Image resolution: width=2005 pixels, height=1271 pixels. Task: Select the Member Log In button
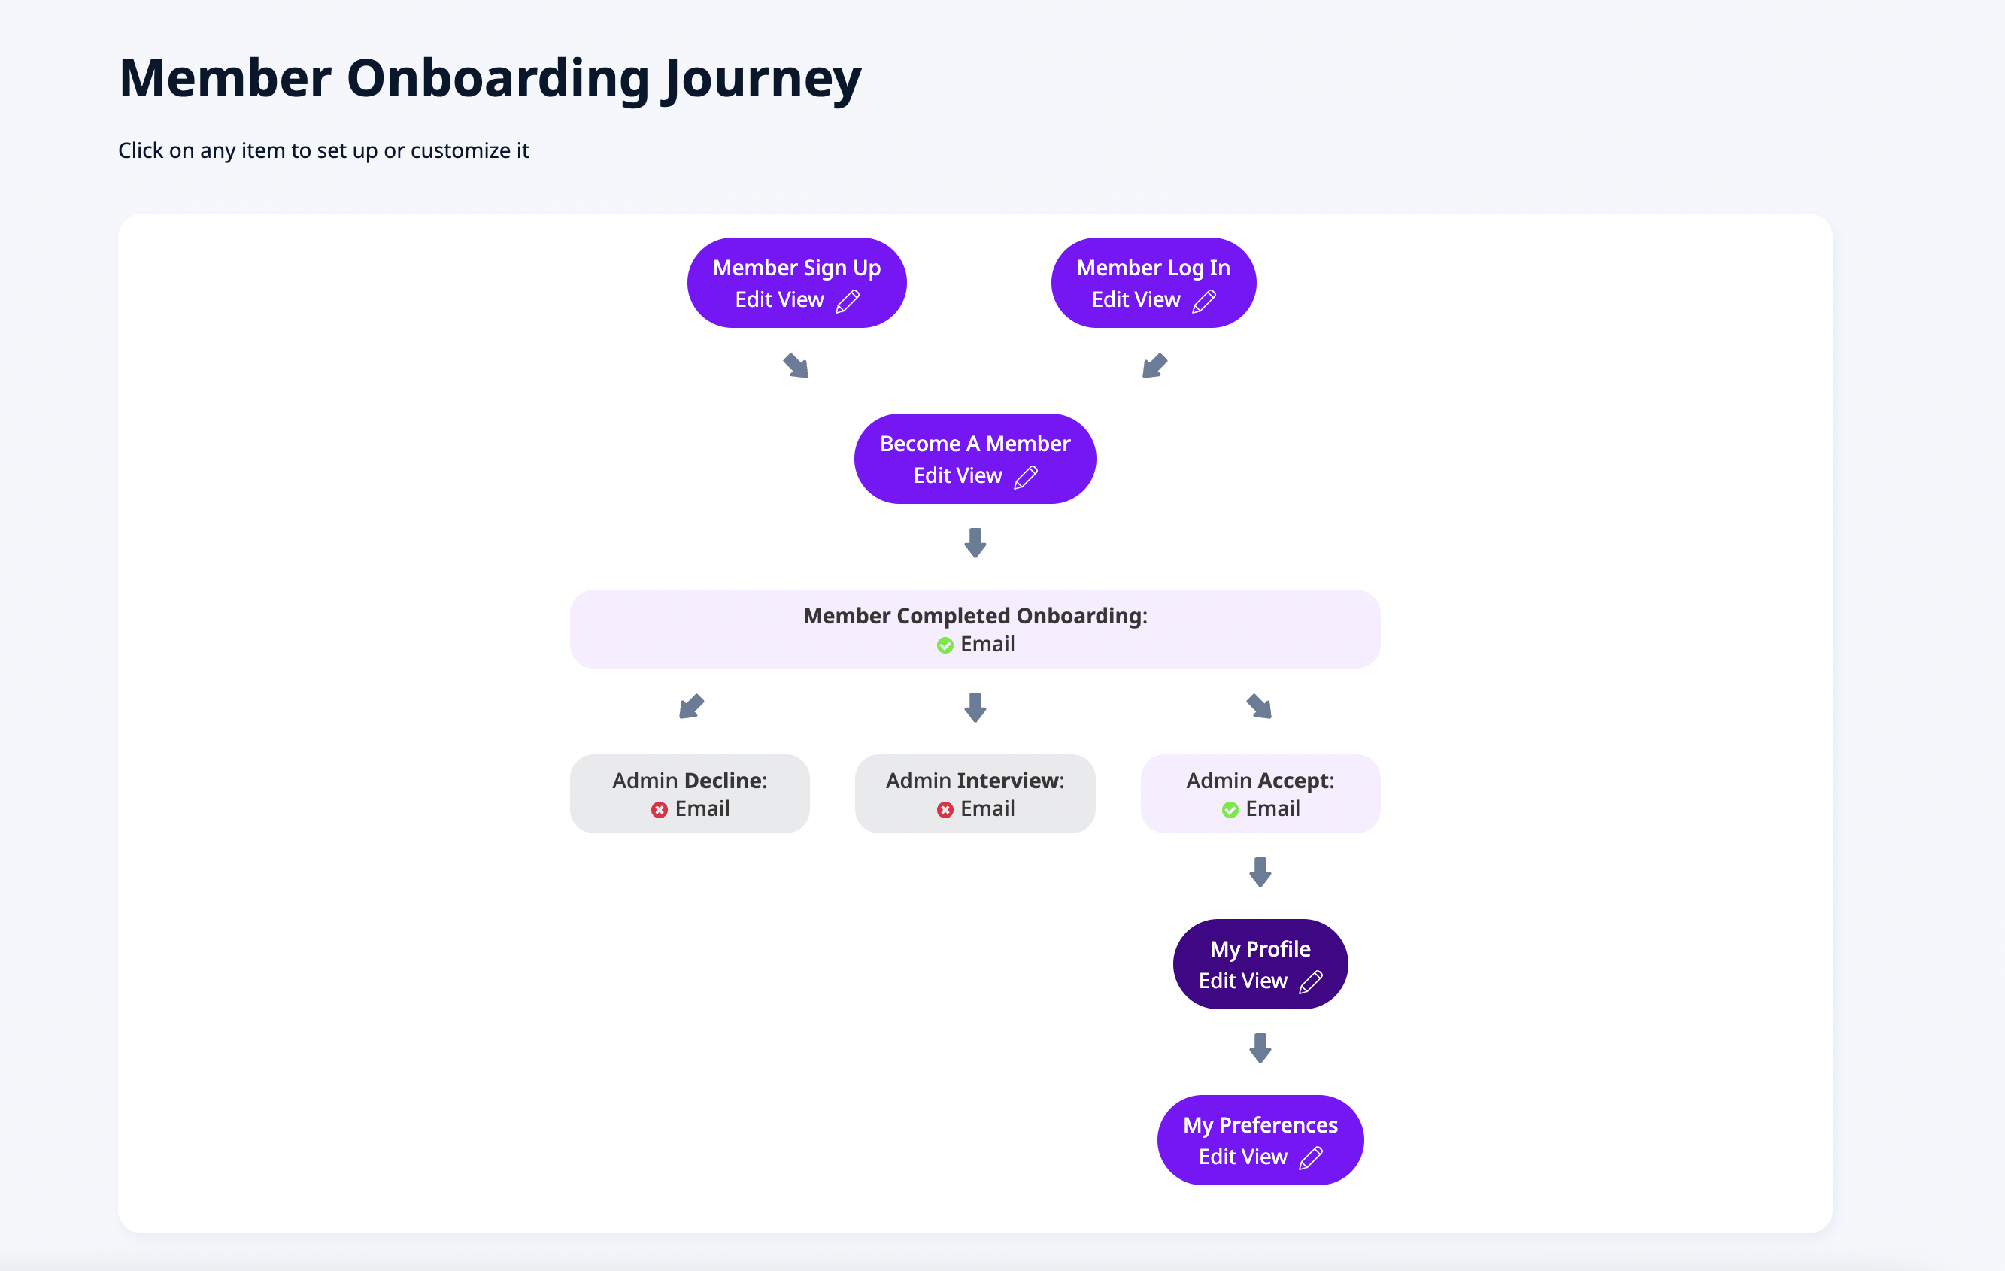[x=1152, y=284]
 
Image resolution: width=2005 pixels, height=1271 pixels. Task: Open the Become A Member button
[x=974, y=459]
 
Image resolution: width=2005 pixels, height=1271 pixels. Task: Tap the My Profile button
[x=1260, y=964]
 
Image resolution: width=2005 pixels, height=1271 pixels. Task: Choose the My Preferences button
[x=1260, y=1140]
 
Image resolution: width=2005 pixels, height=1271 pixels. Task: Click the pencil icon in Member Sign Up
[x=848, y=301]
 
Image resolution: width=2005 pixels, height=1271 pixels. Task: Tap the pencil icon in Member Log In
[x=1204, y=301]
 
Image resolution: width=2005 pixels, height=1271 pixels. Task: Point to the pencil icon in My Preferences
[x=1311, y=1157]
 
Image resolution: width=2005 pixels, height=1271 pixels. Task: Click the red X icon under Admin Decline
[x=660, y=809]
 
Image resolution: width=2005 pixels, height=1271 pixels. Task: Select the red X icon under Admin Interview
[x=945, y=809]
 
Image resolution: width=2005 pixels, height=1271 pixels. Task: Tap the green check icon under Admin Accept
[x=1230, y=809]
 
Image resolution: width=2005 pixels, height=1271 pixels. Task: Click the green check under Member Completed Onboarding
[x=945, y=645]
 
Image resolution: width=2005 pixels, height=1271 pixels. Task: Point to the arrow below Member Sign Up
[x=796, y=366]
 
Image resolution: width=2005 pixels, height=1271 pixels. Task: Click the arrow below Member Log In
[x=1155, y=366]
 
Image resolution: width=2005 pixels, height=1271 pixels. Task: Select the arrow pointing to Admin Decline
[x=691, y=706]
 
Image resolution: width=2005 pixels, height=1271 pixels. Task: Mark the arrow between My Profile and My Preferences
[x=1260, y=1048]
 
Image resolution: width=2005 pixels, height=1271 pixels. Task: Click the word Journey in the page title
[x=762, y=79]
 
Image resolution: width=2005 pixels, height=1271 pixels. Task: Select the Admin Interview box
[x=974, y=793]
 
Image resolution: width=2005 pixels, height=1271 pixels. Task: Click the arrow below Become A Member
[x=975, y=542]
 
